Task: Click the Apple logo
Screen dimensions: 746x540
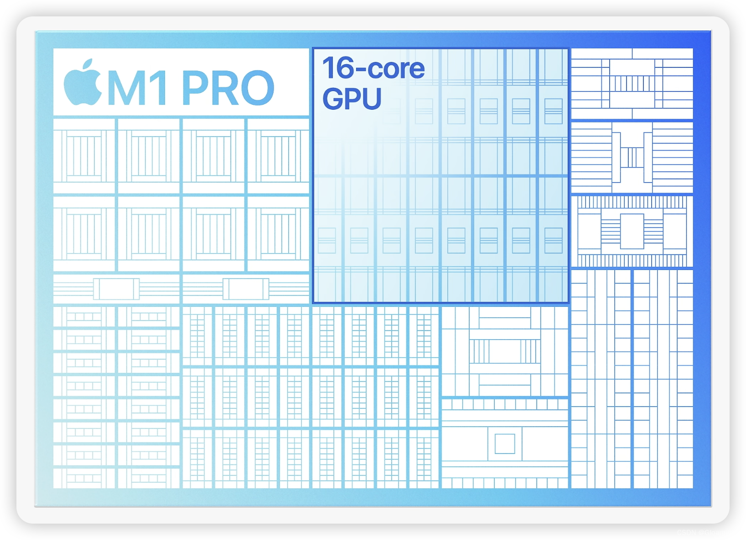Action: click(83, 84)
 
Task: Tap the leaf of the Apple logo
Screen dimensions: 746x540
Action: click(89, 64)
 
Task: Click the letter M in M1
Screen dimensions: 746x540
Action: click(130, 88)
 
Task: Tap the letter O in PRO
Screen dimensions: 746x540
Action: click(256, 88)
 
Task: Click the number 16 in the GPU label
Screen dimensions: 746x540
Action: click(338, 68)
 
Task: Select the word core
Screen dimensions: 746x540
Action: click(396, 69)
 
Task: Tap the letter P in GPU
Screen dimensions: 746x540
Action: click(352, 99)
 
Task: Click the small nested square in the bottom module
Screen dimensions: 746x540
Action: click(505, 444)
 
